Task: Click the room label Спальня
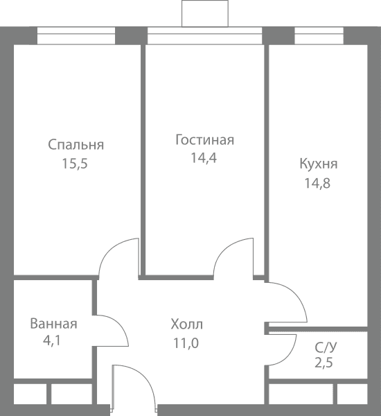point(76,145)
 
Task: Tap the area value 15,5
point(75,164)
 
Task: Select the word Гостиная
point(204,140)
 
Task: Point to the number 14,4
point(204,158)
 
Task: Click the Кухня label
point(319,164)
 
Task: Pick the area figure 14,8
point(317,183)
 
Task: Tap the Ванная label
point(53,324)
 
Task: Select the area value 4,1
point(52,340)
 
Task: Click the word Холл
point(187,324)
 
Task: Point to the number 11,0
point(186,343)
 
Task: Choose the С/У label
point(326,347)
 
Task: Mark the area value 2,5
point(324,363)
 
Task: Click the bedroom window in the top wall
point(76,35)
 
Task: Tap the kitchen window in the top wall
point(319,35)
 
